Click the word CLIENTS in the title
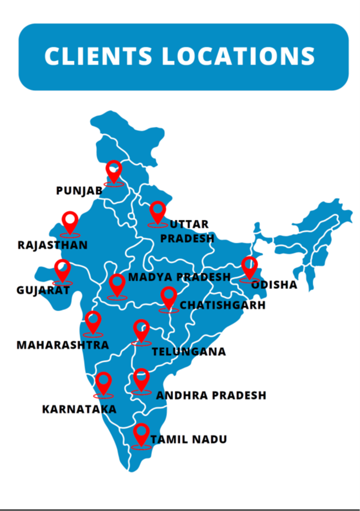click(x=97, y=56)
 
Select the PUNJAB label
click(x=79, y=191)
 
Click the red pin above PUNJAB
click(x=114, y=171)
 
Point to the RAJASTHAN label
click(x=53, y=245)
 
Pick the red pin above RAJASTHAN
click(x=70, y=222)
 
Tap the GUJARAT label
click(x=43, y=290)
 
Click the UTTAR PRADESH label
click(x=187, y=232)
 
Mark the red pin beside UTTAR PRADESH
click(x=158, y=212)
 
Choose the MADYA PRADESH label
click(x=179, y=277)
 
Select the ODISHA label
click(x=274, y=285)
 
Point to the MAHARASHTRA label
click(x=62, y=345)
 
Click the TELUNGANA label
click(x=189, y=352)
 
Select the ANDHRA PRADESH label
click(x=211, y=395)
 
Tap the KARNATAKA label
click(x=79, y=410)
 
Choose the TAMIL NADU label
click(x=189, y=440)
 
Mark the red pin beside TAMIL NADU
click(x=141, y=433)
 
